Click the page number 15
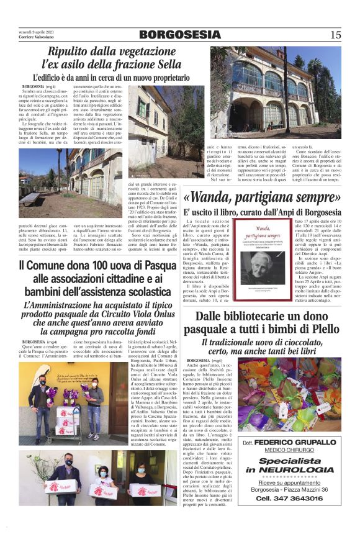click(x=336, y=35)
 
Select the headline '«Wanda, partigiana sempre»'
click(x=262, y=198)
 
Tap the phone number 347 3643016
click(x=289, y=499)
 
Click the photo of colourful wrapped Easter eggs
click(x=289, y=394)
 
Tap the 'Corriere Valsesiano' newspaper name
click(x=38, y=38)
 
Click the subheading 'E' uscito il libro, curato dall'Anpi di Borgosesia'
click(x=262, y=213)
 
